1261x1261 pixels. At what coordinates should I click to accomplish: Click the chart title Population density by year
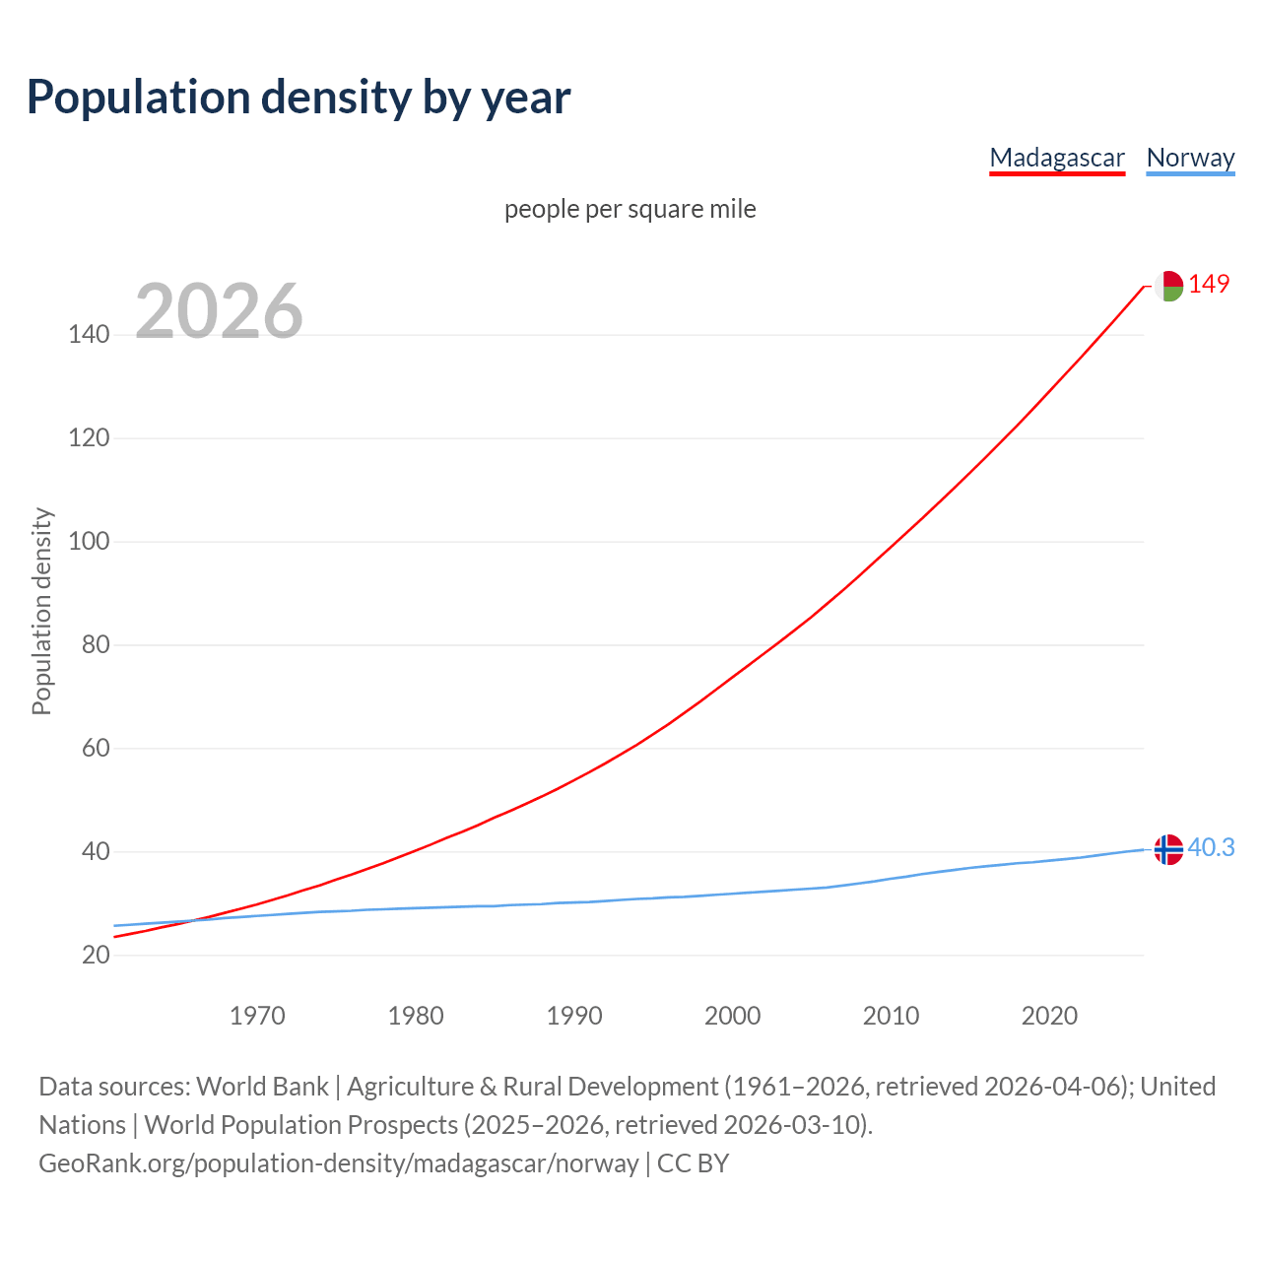point(299,97)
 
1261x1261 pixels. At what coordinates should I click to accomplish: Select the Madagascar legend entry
point(1056,158)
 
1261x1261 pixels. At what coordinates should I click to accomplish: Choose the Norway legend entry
point(1190,158)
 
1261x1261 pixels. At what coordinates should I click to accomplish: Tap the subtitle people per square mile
point(630,209)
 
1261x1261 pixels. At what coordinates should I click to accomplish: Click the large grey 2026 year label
point(219,311)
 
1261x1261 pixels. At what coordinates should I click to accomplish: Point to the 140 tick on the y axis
point(89,335)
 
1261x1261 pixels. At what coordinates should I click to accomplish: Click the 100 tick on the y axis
point(89,542)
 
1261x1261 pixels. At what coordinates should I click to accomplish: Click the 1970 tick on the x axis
point(257,1016)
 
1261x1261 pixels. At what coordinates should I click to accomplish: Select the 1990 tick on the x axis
point(574,1016)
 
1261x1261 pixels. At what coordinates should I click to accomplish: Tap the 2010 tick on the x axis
point(891,1016)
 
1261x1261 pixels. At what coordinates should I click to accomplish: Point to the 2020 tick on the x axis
point(1049,1016)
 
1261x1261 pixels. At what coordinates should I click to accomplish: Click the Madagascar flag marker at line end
point(1168,286)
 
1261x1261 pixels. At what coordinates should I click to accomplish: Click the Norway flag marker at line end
point(1168,849)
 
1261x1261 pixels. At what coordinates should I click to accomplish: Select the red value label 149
point(1209,285)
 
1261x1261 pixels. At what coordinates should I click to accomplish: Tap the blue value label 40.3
point(1211,848)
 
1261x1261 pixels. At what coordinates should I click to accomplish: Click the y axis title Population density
point(41,611)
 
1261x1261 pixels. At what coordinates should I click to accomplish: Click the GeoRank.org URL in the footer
point(339,1163)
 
